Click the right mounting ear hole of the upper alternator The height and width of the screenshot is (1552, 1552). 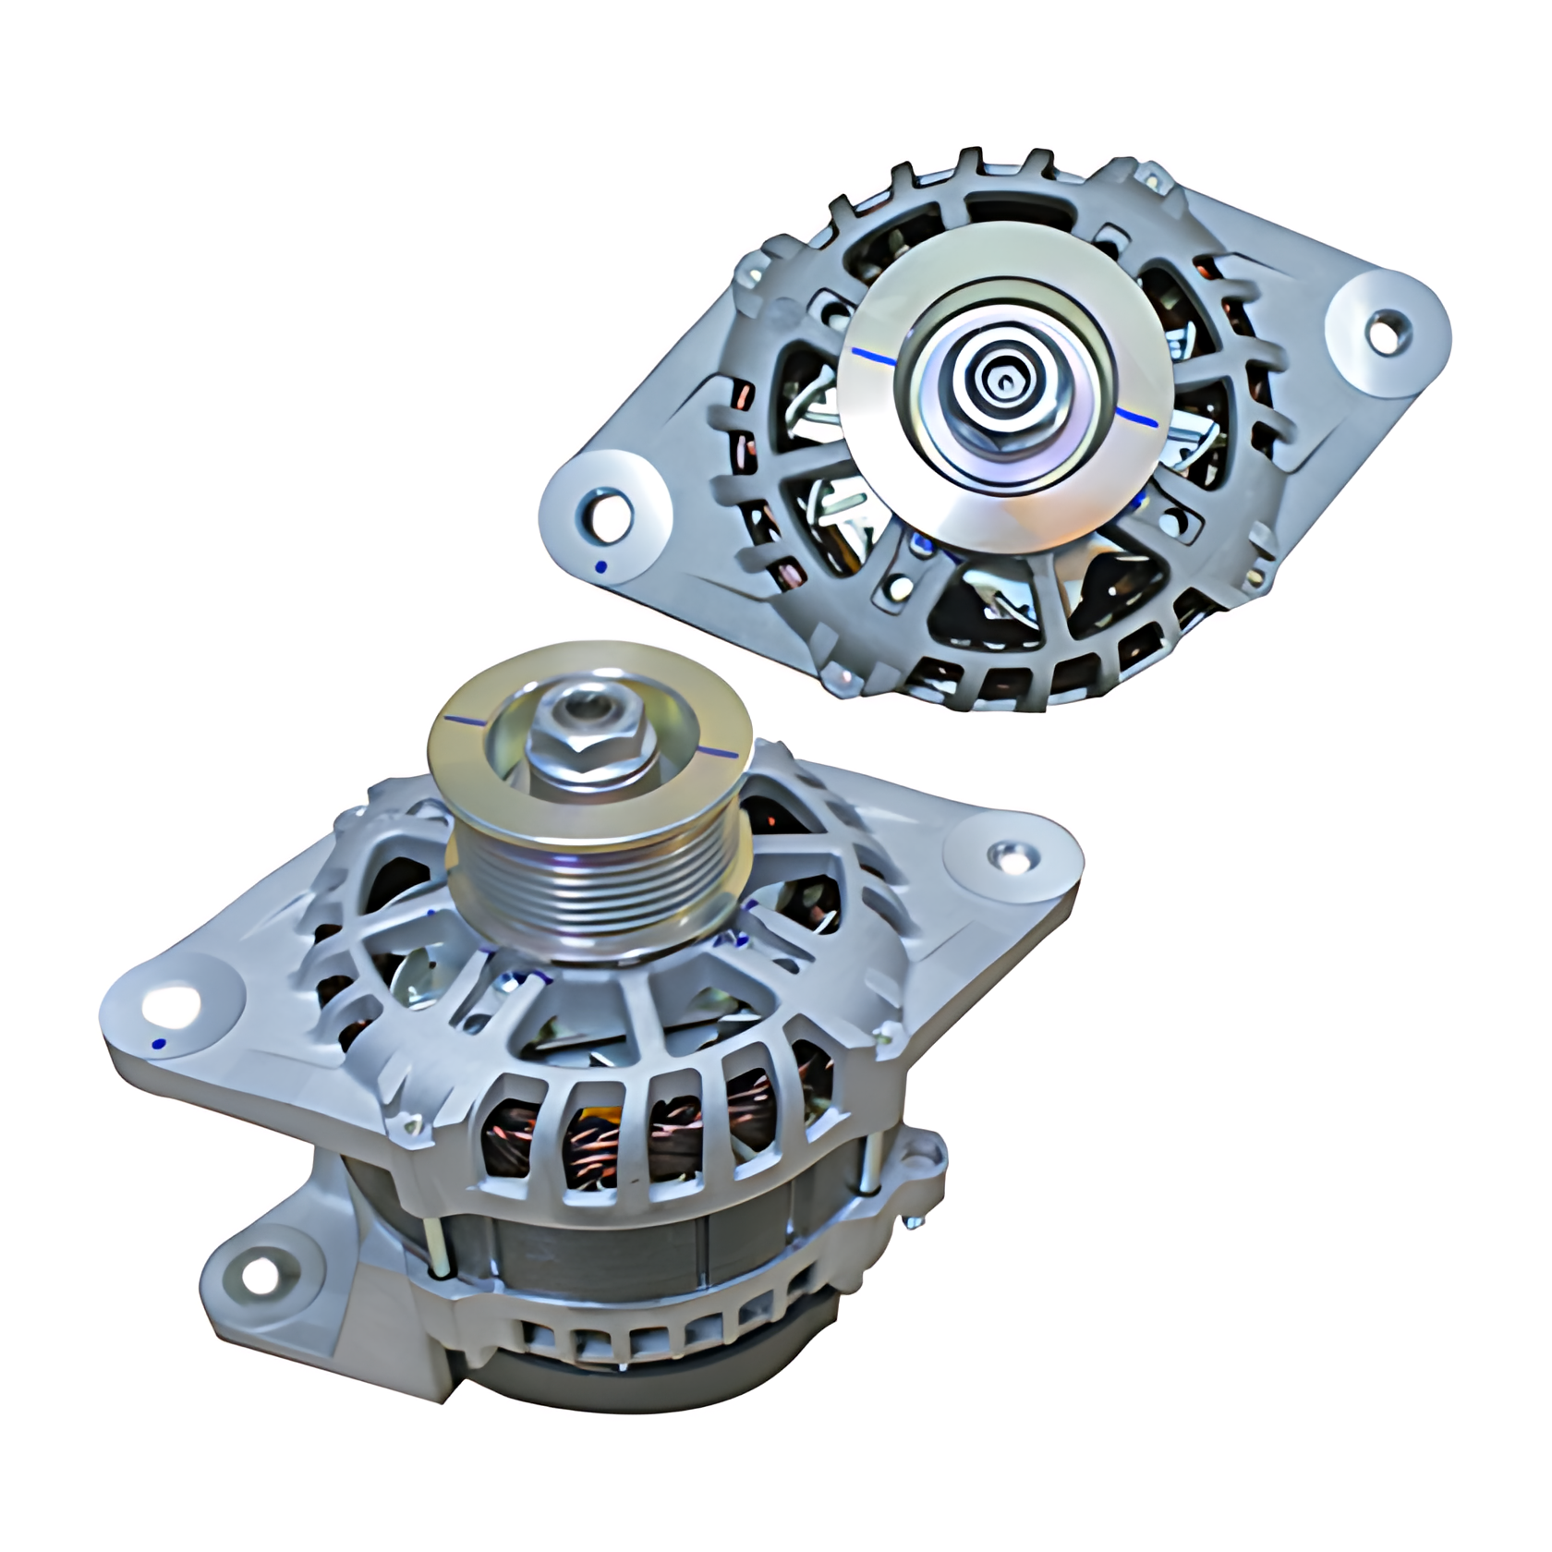[1383, 330]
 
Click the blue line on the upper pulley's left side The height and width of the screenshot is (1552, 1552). [872, 355]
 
